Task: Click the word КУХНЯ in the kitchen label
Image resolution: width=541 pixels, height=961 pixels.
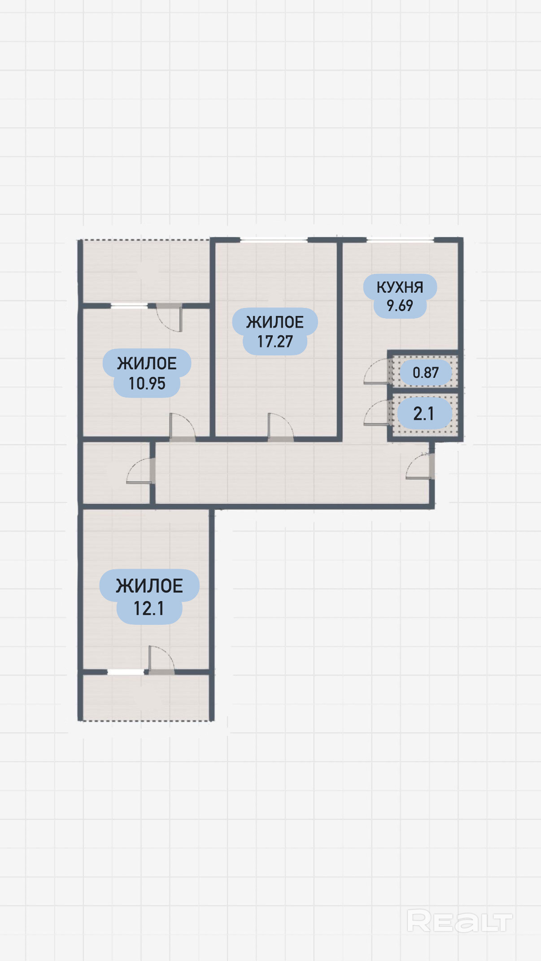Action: tap(400, 287)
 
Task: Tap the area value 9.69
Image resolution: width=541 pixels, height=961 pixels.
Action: tap(400, 306)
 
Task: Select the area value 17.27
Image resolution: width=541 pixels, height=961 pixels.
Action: tap(275, 342)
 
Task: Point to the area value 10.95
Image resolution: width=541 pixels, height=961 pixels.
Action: tap(147, 384)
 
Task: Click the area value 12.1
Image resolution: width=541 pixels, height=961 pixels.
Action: tap(149, 609)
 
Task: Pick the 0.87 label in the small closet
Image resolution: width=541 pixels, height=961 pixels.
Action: tap(426, 372)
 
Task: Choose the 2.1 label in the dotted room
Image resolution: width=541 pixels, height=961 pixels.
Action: tap(423, 414)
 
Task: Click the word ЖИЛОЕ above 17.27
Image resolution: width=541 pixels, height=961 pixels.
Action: tap(275, 322)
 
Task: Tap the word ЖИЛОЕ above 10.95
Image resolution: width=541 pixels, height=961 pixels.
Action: tap(147, 364)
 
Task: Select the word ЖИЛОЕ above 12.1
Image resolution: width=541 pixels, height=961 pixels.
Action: tap(149, 586)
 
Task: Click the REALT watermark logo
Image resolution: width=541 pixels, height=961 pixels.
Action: tap(459, 922)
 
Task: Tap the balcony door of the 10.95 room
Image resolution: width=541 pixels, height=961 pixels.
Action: tap(169, 317)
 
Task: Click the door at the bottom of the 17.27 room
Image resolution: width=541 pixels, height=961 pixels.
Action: tap(281, 427)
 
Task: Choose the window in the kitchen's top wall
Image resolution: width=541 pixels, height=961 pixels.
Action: tap(400, 240)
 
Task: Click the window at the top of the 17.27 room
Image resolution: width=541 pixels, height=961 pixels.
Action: tap(274, 240)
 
